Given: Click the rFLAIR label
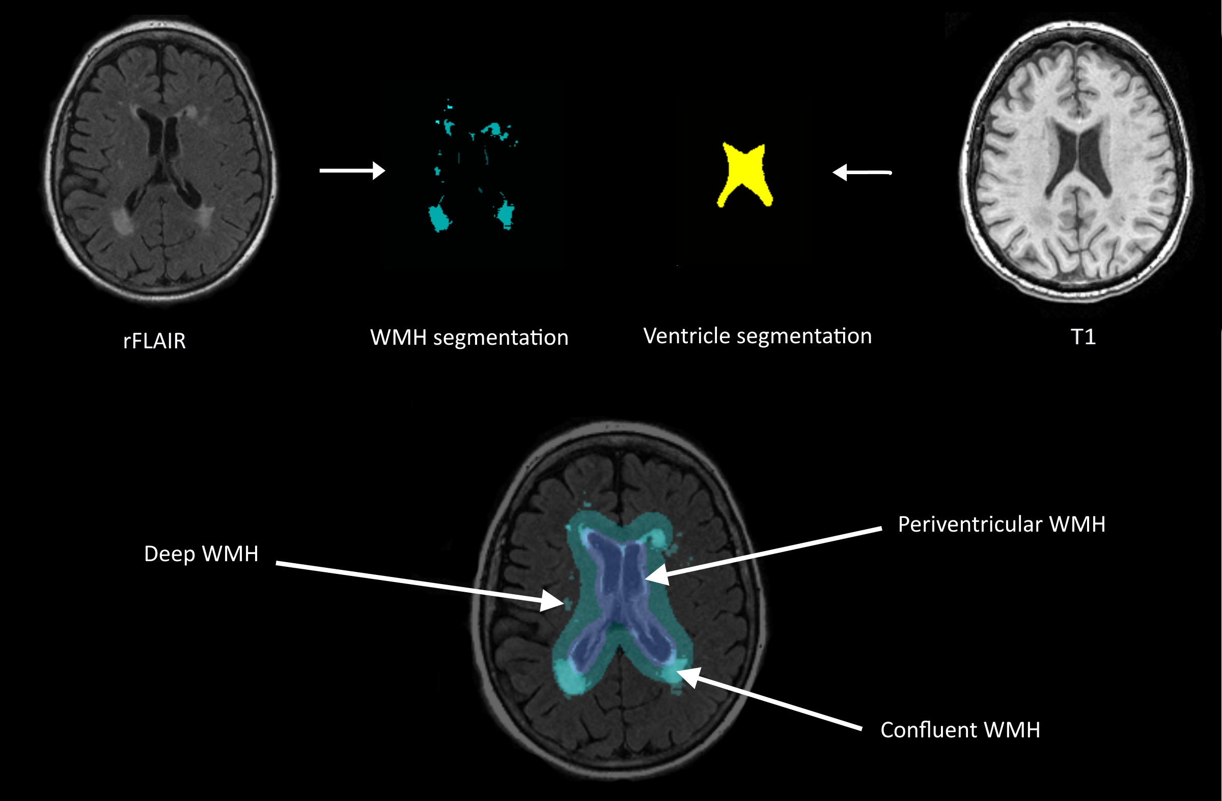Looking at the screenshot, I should [x=154, y=341].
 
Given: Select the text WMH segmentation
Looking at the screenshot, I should [x=469, y=338].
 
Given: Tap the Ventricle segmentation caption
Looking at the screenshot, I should [x=757, y=336].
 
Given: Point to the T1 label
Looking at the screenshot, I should [x=1083, y=337].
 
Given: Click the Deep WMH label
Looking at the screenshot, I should [x=201, y=554].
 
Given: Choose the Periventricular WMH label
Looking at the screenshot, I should [x=1001, y=524].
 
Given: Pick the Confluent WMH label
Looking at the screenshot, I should [x=960, y=730].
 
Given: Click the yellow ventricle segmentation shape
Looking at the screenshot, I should [x=744, y=172].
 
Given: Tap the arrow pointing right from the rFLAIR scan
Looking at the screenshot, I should [x=352, y=171].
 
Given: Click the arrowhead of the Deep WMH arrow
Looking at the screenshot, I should [x=554, y=601].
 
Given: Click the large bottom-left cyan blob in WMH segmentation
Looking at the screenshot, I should [x=439, y=218].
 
